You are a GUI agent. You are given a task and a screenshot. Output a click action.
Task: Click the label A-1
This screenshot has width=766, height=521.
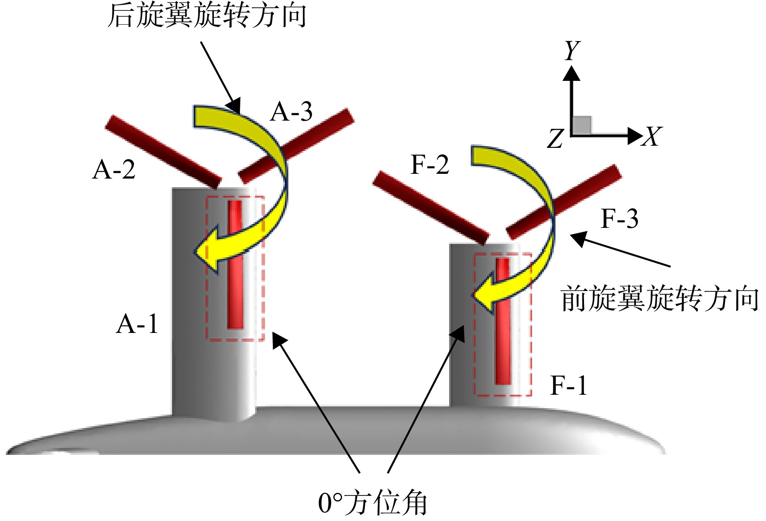coord(137,323)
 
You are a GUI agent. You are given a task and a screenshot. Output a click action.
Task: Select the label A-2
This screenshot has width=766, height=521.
coord(114,169)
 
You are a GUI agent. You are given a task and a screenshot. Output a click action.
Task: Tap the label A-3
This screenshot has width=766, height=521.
coord(291,112)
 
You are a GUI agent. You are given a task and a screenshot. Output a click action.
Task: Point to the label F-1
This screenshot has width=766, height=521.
coord(569,385)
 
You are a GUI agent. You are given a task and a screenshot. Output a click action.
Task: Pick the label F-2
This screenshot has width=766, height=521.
coord(430,165)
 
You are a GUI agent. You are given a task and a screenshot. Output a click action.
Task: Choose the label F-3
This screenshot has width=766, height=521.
coord(619,218)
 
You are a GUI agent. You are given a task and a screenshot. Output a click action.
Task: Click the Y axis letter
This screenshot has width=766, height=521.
coord(572,51)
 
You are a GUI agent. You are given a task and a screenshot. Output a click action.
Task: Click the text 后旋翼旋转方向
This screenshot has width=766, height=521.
coord(207,16)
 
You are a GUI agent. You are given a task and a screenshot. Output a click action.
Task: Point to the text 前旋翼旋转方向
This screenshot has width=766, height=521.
coord(660,298)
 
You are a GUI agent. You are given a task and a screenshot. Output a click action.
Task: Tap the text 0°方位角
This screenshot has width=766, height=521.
coord(373,502)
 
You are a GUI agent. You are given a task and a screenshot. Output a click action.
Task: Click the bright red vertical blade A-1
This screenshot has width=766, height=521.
coord(236,265)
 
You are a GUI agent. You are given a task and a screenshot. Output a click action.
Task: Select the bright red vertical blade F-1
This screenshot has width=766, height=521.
coord(503,321)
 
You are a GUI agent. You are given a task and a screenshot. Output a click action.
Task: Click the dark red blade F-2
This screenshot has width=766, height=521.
coord(431,208)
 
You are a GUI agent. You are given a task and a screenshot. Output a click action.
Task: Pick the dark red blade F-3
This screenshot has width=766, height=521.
coord(564,202)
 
